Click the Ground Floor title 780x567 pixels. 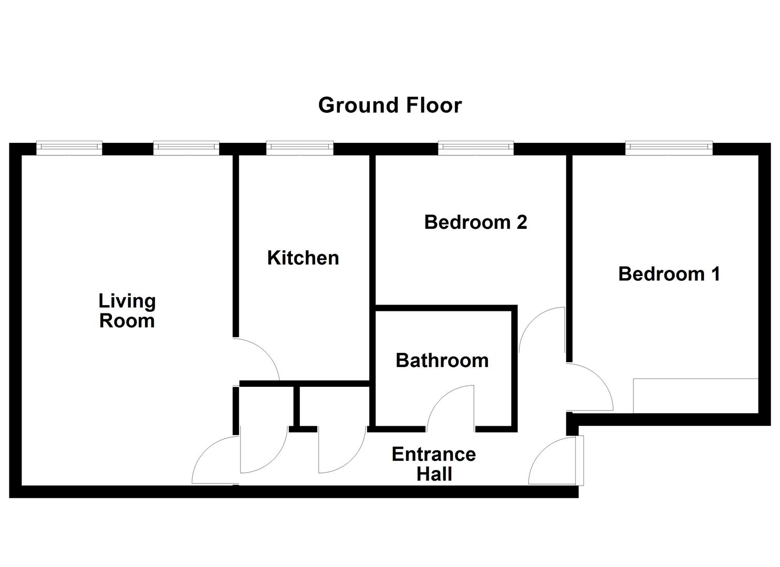390,105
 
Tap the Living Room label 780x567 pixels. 127,311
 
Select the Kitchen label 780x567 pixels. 303,258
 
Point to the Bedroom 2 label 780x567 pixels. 476,222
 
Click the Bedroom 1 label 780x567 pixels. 669,274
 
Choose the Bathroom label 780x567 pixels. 442,361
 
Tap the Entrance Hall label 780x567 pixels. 434,464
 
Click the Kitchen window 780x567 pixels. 300,148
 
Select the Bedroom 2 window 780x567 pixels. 476,148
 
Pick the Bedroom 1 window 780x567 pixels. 669,148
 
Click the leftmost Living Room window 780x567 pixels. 69,148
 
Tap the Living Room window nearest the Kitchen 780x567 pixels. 186,148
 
